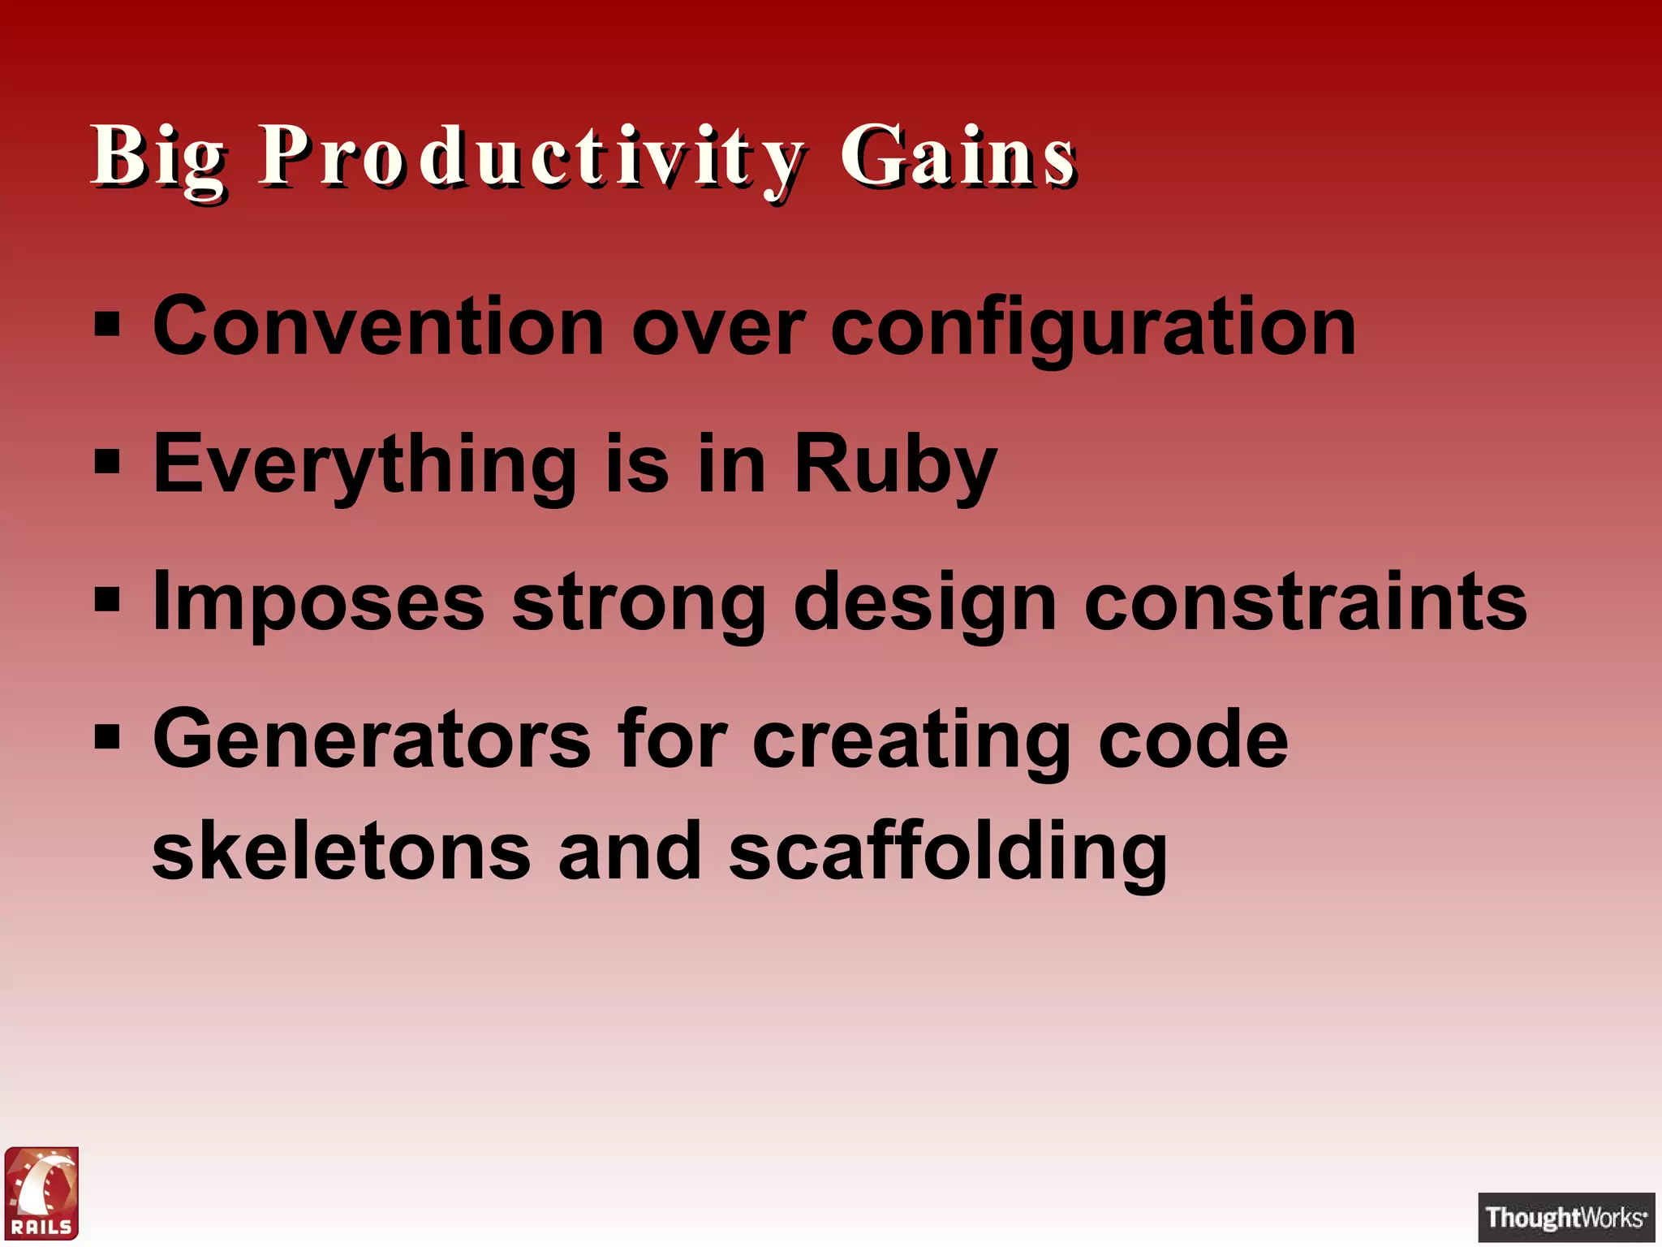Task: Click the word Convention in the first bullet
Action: [378, 326]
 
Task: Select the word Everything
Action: [365, 464]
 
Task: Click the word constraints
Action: [1306, 602]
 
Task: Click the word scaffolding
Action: [948, 852]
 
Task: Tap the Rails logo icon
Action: [42, 1193]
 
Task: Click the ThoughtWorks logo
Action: [1565, 1217]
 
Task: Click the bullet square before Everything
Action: [106, 464]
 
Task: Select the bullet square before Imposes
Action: [106, 602]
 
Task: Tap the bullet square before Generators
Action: [106, 739]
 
